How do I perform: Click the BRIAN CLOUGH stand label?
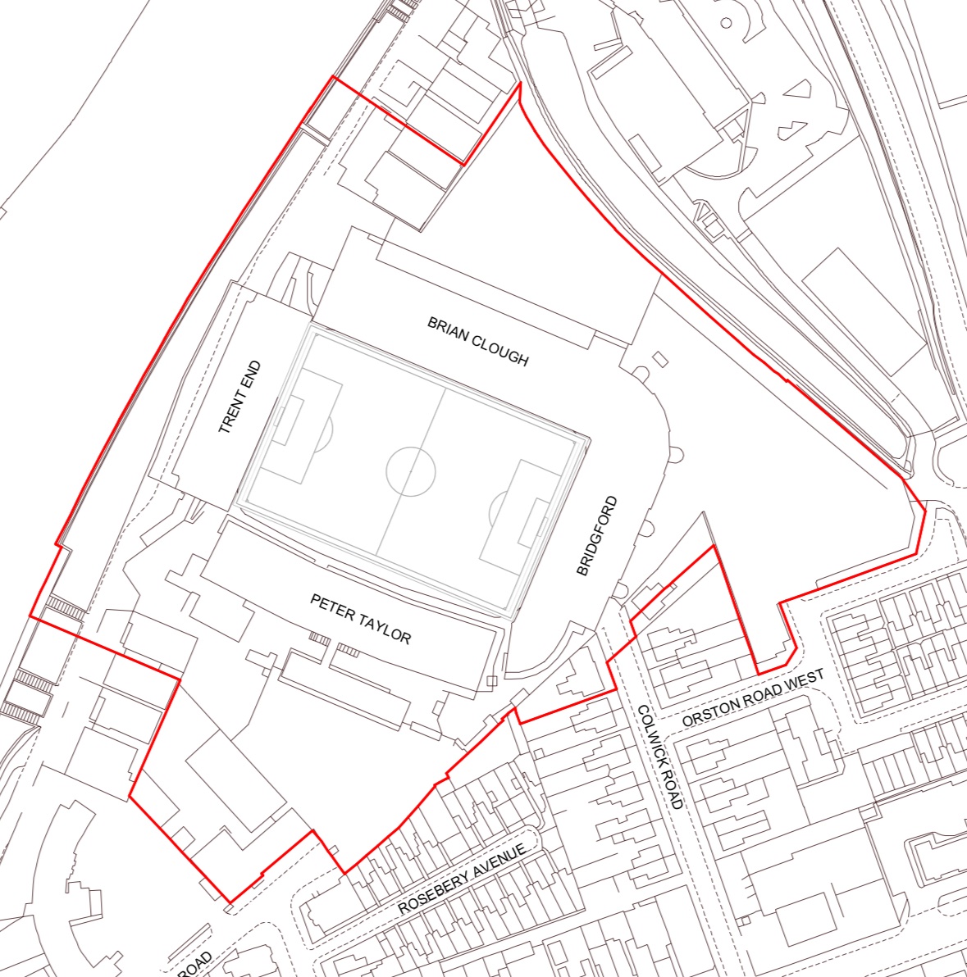click(x=478, y=340)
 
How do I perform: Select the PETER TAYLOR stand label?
click(x=360, y=620)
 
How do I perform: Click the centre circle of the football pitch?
click(x=411, y=471)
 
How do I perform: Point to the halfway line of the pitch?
click(x=411, y=471)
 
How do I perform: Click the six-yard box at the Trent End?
click(x=285, y=416)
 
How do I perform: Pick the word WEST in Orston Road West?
click(x=801, y=681)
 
